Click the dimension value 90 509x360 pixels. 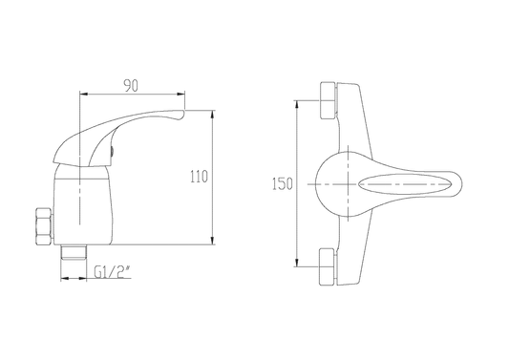(131, 85)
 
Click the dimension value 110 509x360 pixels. (199, 177)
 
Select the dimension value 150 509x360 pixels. (282, 183)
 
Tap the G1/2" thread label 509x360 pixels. (113, 272)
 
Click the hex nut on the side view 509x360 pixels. (44, 226)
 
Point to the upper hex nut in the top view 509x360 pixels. (328, 100)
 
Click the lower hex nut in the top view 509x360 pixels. (328, 267)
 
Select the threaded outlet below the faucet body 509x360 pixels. (74, 252)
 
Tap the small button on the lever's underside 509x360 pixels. (113, 152)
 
